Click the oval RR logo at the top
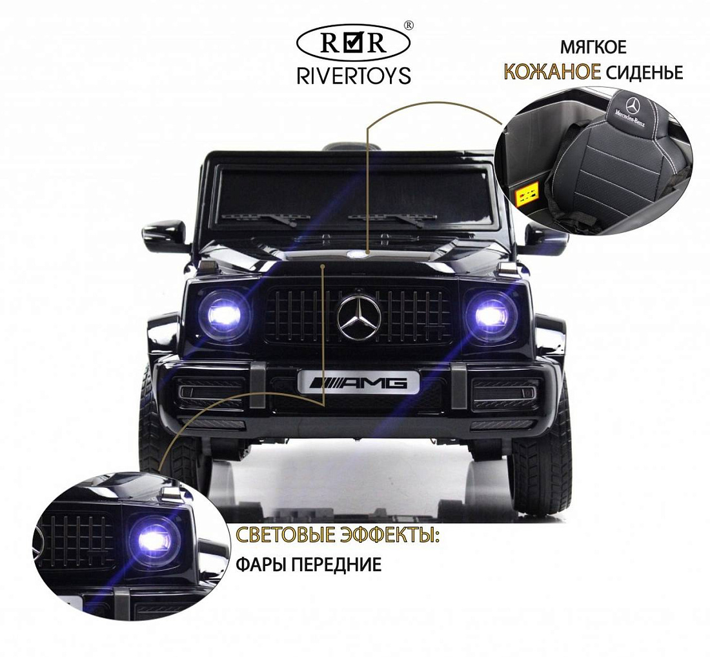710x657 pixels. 353,43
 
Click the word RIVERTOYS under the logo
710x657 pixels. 354,75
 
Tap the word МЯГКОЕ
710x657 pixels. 593,47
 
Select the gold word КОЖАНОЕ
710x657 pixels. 553,72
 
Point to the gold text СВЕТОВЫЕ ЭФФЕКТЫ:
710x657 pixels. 338,536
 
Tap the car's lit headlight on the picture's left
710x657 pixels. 224,314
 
